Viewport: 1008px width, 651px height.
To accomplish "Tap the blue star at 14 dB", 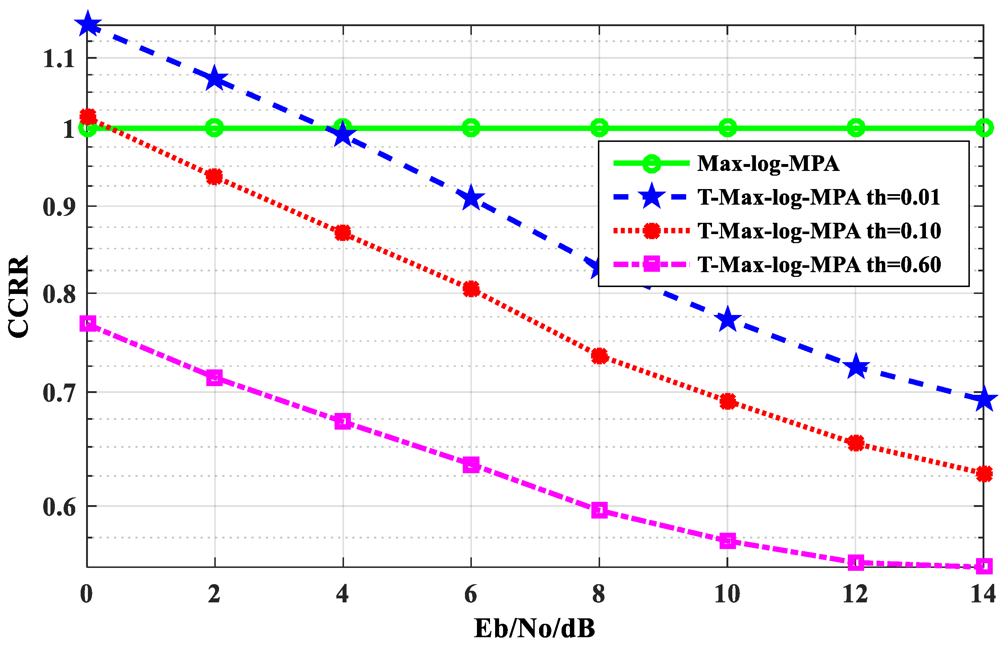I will pyautogui.click(x=983, y=399).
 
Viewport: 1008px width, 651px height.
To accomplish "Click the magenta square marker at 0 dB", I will pyautogui.click(x=88, y=324).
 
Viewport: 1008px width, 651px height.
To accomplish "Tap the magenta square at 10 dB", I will pyautogui.click(x=727, y=541).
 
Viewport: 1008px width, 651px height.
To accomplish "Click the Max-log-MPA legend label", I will pyautogui.click(x=767, y=164).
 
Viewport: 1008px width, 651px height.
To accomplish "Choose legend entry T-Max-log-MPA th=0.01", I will pyautogui.click(x=818, y=197).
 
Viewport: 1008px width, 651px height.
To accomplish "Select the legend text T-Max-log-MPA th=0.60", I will pyautogui.click(x=818, y=265).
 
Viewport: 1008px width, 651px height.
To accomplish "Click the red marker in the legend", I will pyautogui.click(x=651, y=231).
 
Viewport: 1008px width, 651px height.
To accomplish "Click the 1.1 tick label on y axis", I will pyautogui.click(x=59, y=59).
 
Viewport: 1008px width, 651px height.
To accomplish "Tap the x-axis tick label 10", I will pyautogui.click(x=726, y=594).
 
